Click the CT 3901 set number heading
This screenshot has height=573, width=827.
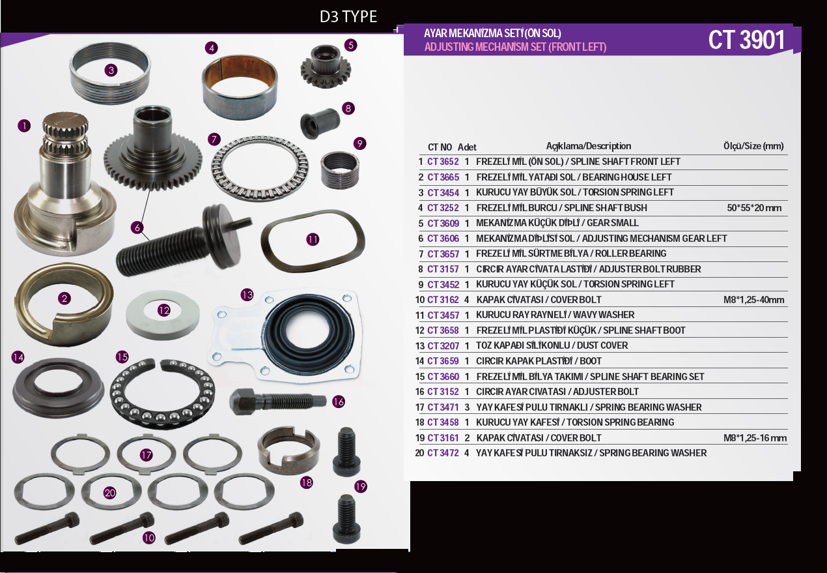pos(746,40)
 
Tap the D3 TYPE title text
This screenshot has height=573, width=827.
pos(348,17)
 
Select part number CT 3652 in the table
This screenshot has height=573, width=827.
pos(443,162)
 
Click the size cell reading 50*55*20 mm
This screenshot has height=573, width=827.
pos(754,208)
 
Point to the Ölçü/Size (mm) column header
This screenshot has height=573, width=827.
pos(753,146)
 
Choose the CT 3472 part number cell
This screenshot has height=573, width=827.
pos(443,453)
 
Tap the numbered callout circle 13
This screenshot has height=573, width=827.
pos(247,295)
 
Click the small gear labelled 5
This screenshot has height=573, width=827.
pos(325,66)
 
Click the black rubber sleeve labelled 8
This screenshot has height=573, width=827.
pos(320,123)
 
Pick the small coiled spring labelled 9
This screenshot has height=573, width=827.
pos(339,170)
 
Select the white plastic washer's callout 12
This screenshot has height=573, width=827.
pos(164,310)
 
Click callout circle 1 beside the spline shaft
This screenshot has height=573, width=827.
pos(24,126)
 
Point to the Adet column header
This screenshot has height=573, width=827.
pos(467,147)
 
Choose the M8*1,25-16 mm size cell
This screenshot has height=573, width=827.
pos(755,437)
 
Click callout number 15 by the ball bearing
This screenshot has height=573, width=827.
pos(122,357)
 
